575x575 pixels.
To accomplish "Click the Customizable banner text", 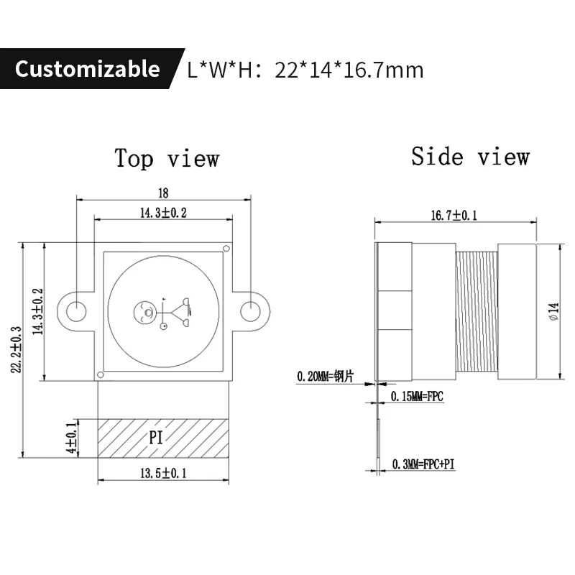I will click(x=87, y=69).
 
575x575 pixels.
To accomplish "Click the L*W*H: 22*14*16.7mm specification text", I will click(x=305, y=70).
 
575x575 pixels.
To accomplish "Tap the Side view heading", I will click(x=470, y=156).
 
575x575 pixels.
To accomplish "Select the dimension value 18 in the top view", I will click(x=163, y=193).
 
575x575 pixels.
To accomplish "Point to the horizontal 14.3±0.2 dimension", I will click(x=163, y=213).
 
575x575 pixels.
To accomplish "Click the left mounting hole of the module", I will click(x=76, y=311).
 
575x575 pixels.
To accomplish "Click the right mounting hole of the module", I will click(x=249, y=311).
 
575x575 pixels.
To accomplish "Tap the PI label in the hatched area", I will click(x=157, y=437).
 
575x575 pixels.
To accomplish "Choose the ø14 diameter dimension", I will click(x=553, y=310).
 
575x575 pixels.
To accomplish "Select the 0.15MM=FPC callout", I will click(x=416, y=397).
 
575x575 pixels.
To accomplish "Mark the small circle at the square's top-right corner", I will click(x=226, y=249).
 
